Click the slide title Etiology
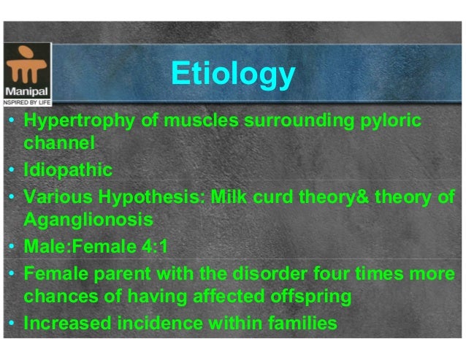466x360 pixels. (232, 74)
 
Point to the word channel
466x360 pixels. (59, 143)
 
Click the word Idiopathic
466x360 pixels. (68, 171)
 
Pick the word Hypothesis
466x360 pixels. (165, 196)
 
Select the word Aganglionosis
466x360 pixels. (87, 220)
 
